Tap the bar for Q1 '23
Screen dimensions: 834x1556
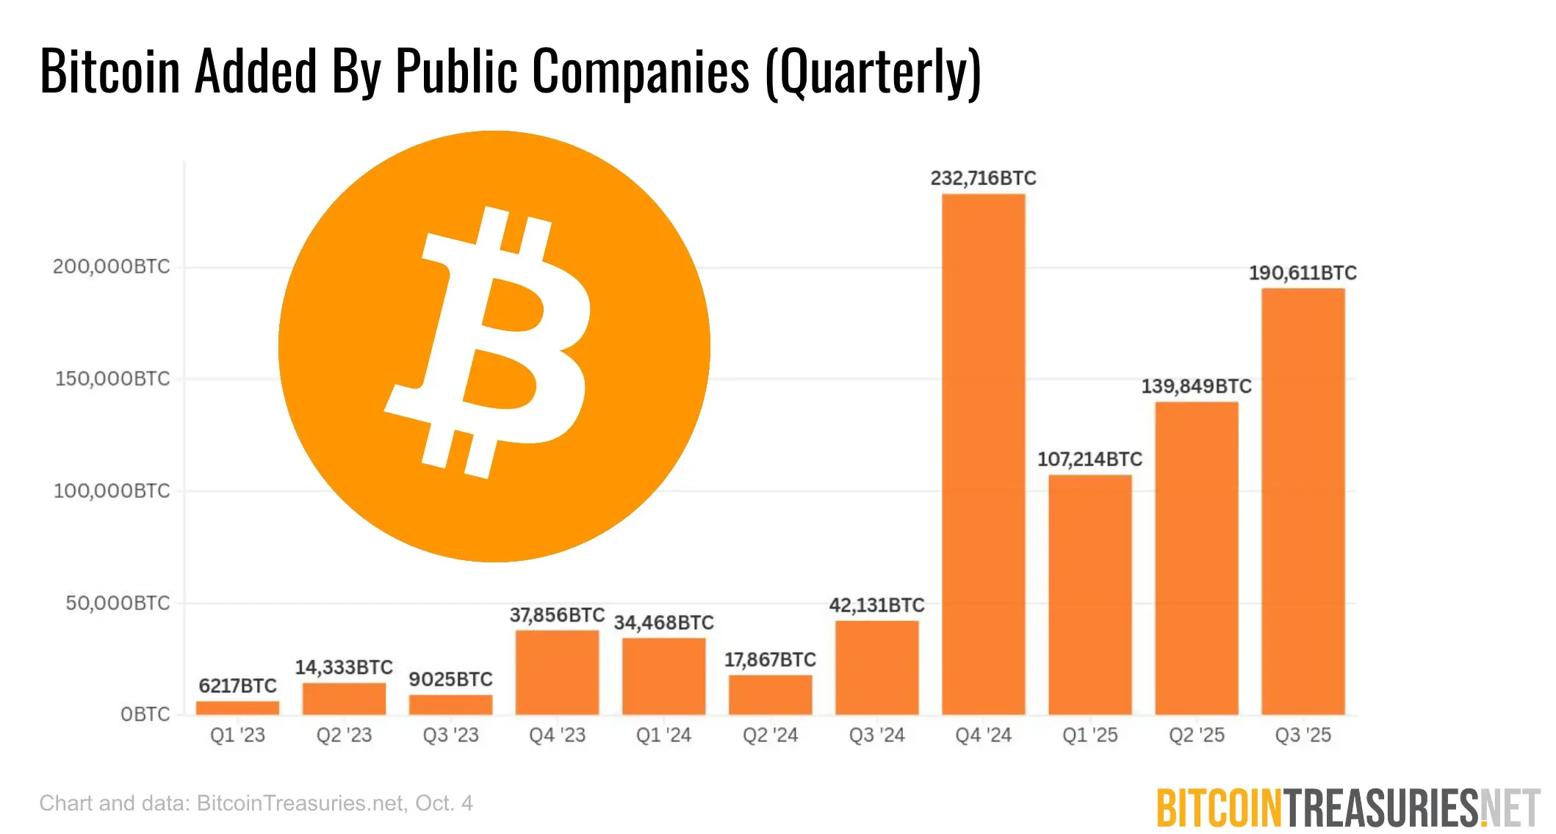click(237, 708)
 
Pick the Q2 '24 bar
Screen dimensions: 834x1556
click(770, 695)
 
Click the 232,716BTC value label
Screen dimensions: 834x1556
click(983, 178)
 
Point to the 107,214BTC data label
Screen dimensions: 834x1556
click(1089, 460)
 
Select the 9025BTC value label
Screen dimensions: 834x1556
click(450, 679)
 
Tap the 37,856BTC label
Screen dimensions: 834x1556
click(557, 614)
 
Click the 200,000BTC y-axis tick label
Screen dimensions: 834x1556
click(111, 266)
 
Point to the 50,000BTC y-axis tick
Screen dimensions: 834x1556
click(118, 603)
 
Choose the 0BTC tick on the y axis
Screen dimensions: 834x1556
click(145, 714)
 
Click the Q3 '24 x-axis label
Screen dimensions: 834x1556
click(876, 735)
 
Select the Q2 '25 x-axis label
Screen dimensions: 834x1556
click(1196, 735)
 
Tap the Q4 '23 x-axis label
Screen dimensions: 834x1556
click(557, 735)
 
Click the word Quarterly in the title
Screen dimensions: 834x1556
click(873, 72)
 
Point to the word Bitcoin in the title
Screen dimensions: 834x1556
click(110, 72)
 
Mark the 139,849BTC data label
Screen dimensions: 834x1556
click(1196, 386)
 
